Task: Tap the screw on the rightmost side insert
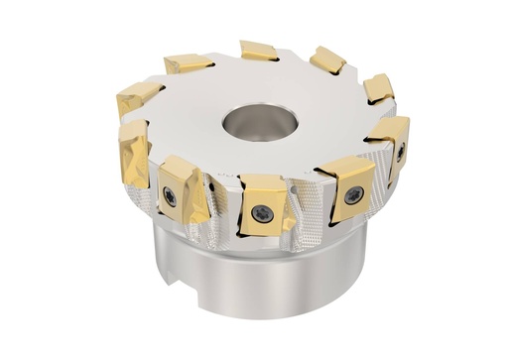pos(399,154)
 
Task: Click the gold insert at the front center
pos(263,204)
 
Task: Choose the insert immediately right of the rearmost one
pos(327,60)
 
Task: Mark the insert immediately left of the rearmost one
pos(189,63)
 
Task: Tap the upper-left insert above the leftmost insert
pos(138,96)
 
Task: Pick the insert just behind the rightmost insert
pos(378,88)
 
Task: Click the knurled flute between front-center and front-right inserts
pos(308,213)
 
